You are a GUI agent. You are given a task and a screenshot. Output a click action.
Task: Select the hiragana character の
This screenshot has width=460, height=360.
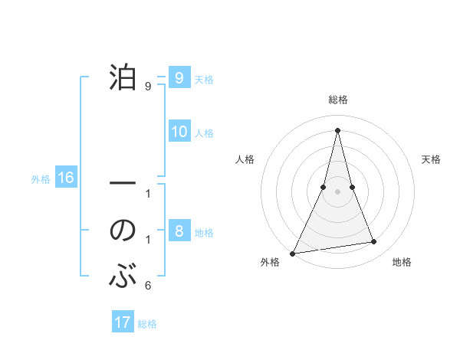(123, 231)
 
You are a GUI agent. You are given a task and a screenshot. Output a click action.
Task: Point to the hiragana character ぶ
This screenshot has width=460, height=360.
(123, 276)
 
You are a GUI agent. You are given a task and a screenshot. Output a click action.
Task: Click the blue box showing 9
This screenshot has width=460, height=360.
(179, 77)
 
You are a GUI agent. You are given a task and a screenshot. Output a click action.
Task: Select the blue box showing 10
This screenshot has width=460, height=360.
(179, 132)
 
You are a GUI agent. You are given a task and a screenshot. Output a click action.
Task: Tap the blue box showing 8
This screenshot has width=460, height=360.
(179, 231)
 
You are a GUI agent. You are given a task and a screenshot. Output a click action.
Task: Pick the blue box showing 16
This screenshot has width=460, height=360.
(65, 178)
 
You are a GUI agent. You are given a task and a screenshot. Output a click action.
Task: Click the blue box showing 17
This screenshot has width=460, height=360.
(122, 322)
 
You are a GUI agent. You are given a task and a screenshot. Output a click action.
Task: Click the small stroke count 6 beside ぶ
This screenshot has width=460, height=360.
(148, 286)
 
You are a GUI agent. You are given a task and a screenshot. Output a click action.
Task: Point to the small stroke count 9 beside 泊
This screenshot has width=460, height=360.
(148, 87)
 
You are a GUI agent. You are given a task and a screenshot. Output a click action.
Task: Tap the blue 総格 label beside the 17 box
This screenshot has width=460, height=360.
(147, 324)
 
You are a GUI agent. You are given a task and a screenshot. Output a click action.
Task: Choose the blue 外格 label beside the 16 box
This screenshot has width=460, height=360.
(41, 180)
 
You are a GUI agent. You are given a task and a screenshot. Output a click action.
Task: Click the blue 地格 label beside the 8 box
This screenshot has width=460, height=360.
(204, 233)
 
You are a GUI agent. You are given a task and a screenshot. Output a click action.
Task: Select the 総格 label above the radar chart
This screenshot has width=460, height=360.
(337, 100)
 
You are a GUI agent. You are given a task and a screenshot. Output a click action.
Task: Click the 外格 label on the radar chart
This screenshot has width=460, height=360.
(270, 262)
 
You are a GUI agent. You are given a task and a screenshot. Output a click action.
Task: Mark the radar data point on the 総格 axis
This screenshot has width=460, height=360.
(337, 130)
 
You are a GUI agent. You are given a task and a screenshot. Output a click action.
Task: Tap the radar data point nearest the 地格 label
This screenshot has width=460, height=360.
(374, 242)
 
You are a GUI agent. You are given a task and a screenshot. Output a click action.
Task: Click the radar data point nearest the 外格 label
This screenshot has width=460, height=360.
(293, 253)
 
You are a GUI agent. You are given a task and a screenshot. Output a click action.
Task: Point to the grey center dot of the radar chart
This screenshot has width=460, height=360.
(337, 191)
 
